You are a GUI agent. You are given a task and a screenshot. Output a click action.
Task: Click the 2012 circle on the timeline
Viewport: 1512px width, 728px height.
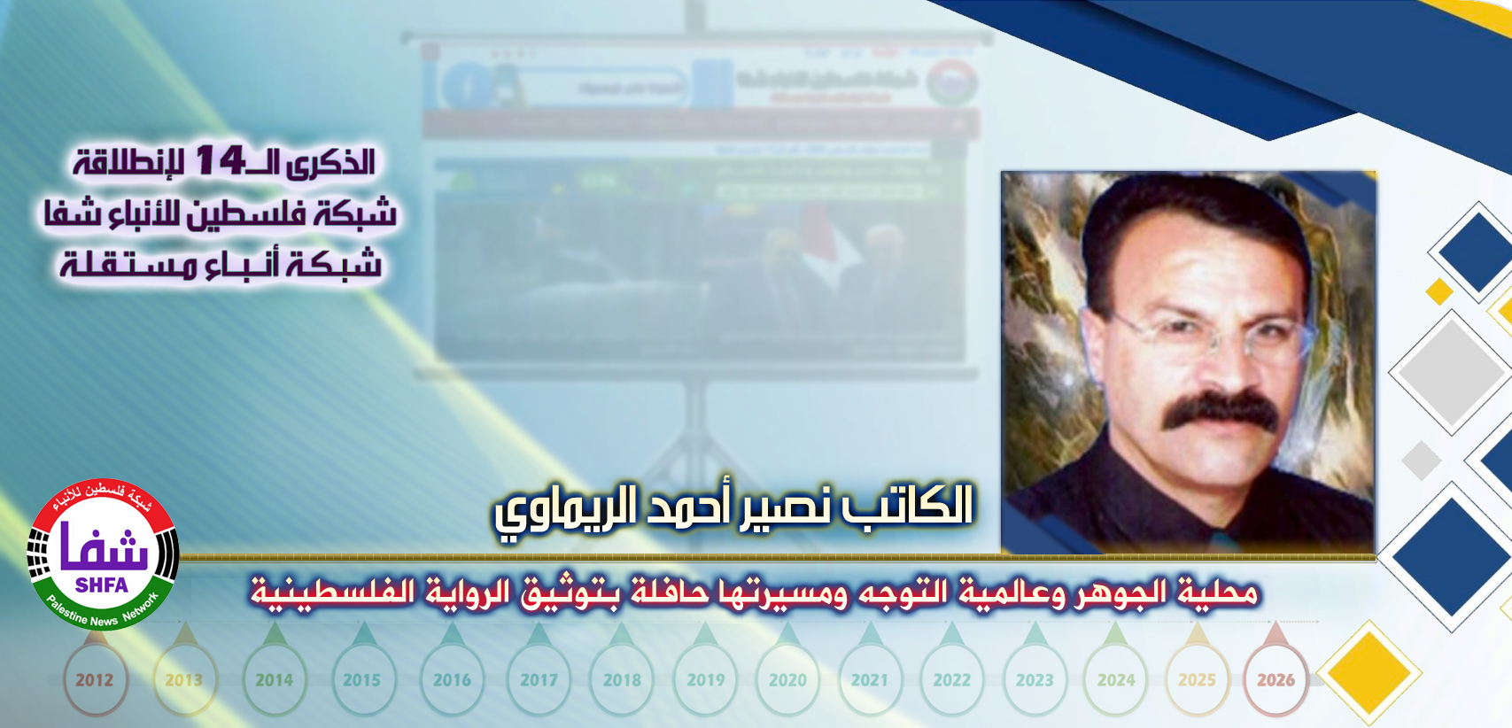(x=95, y=680)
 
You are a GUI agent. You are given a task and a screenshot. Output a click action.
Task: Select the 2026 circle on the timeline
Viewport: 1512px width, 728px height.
(x=1276, y=680)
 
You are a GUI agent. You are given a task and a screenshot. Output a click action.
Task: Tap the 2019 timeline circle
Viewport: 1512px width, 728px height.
(x=706, y=680)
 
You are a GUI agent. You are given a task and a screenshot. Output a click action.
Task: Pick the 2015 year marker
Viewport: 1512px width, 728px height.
(x=361, y=680)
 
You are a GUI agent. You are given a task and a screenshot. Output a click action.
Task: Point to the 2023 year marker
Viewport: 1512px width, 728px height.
(x=1035, y=680)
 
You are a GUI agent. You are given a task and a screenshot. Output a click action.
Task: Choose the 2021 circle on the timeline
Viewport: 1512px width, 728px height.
(x=869, y=680)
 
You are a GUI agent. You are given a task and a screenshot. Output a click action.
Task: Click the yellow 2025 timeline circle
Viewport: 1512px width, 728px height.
(x=1197, y=680)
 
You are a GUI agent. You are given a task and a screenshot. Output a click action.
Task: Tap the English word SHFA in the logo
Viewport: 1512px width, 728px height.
(x=102, y=585)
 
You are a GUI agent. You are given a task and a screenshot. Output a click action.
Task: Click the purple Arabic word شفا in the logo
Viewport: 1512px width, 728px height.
(x=105, y=548)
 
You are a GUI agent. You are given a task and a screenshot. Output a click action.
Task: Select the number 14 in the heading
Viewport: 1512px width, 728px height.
(x=220, y=160)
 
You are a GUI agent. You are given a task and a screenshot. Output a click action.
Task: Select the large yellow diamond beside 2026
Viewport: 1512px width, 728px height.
(x=1369, y=673)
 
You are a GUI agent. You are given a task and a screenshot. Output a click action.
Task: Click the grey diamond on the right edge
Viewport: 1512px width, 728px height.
(x=1448, y=372)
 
